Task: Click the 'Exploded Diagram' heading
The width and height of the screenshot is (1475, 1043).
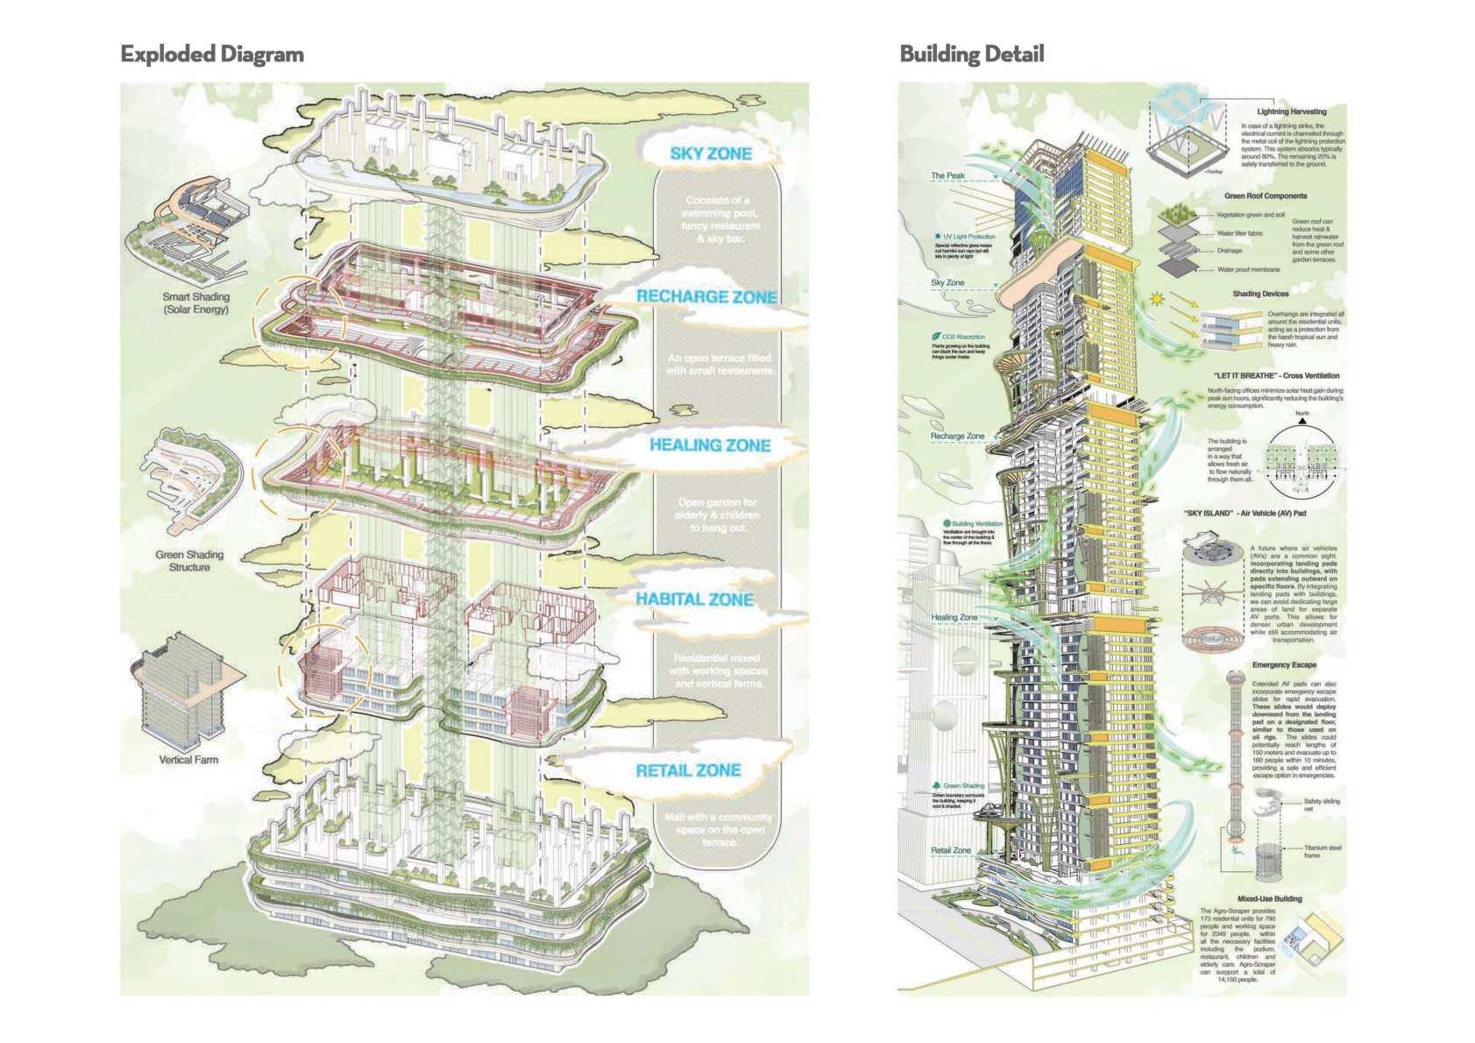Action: coord(212,54)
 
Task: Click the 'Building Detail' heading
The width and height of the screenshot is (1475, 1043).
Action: coord(971,54)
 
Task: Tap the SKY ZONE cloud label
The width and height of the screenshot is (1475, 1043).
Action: coord(711,154)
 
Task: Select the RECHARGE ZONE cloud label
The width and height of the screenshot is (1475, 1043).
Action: coord(706,296)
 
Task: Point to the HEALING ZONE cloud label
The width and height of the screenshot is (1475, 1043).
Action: coord(710,445)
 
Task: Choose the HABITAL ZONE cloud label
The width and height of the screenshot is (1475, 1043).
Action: coord(694,600)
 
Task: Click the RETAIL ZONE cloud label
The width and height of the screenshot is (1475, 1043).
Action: coord(688,770)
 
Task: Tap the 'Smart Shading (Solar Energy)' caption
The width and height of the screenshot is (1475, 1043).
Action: coord(195,303)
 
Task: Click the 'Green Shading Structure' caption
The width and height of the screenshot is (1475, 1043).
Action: coord(189,561)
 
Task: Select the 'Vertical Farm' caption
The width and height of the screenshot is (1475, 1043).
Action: coord(188,759)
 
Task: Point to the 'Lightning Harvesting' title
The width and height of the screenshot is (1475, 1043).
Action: coord(1291,112)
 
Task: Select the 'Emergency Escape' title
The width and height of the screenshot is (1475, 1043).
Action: coord(1284,665)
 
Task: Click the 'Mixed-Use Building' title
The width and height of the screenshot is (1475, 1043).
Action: coord(1270,898)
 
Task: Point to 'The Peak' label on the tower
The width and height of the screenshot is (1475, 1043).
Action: coord(947,176)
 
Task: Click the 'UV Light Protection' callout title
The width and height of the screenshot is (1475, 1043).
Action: coord(969,237)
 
